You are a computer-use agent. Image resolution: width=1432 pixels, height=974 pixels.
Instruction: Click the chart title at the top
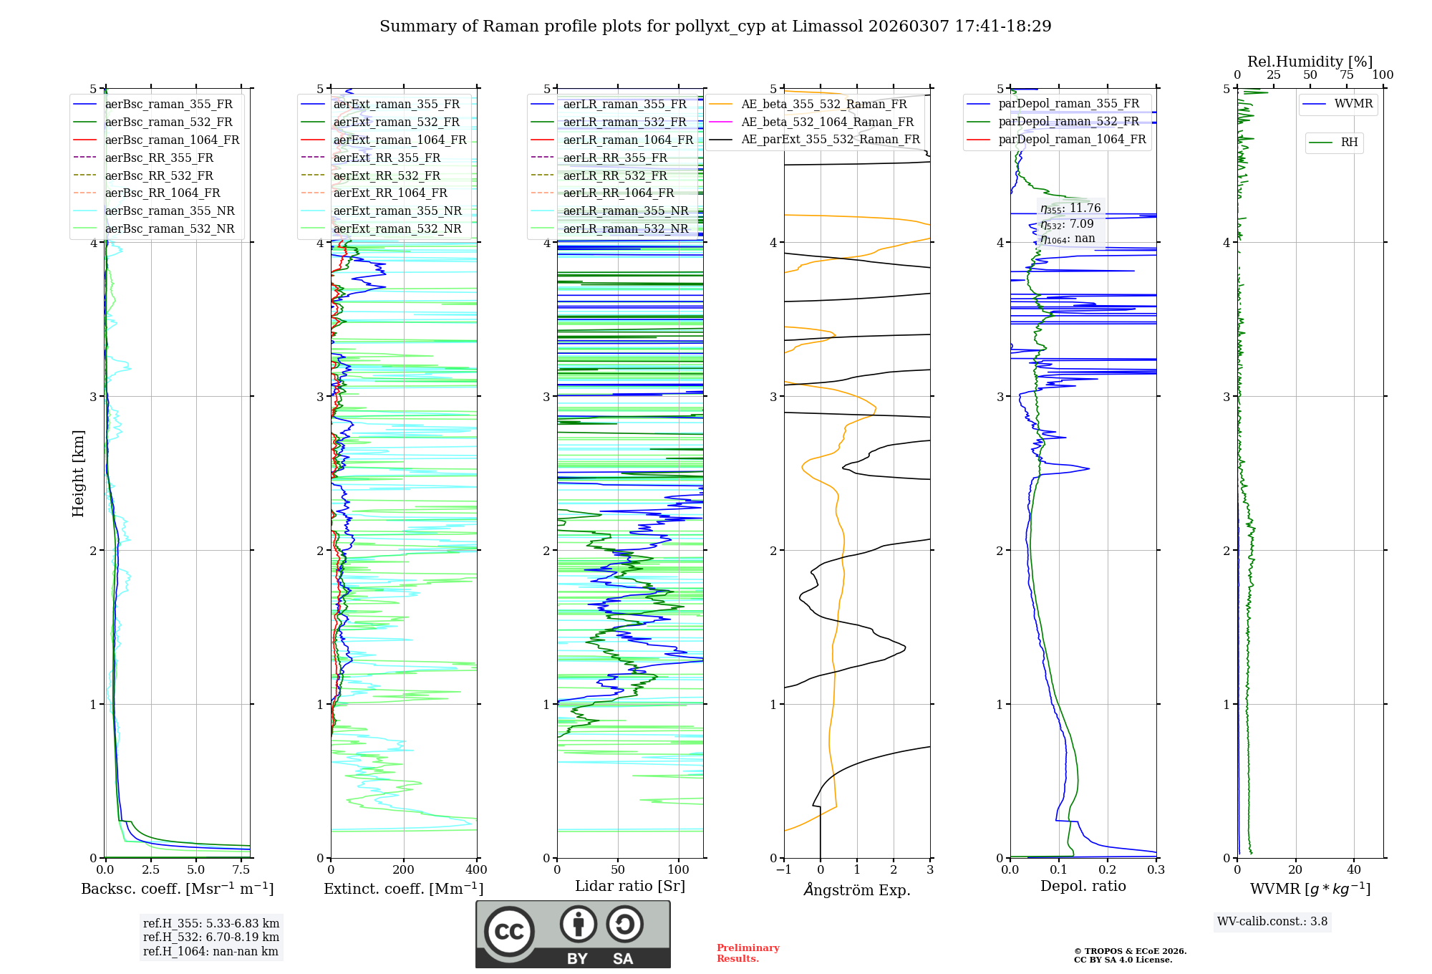(x=715, y=26)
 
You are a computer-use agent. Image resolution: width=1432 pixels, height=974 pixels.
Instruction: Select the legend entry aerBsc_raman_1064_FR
(x=172, y=140)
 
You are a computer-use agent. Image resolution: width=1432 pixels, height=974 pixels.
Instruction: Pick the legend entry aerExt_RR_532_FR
(x=387, y=175)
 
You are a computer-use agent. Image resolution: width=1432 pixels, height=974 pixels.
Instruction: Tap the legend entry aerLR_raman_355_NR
(x=625, y=211)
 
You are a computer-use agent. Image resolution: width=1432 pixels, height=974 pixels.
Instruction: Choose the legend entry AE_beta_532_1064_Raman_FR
(x=827, y=122)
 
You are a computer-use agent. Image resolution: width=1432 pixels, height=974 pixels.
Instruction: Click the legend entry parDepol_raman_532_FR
(x=1068, y=121)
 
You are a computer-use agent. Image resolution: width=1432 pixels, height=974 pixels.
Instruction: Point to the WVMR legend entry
(x=1353, y=104)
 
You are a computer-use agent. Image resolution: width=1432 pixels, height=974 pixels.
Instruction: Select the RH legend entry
(x=1349, y=143)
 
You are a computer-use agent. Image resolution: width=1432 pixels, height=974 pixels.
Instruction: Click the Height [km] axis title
(x=78, y=473)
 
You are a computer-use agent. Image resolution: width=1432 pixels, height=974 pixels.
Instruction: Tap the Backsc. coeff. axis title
(x=177, y=889)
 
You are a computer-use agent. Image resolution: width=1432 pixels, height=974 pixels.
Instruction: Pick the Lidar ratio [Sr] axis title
(x=629, y=886)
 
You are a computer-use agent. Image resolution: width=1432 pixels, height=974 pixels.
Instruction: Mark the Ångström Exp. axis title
(x=856, y=890)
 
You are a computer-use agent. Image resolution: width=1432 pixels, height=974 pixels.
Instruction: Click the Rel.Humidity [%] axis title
(x=1310, y=62)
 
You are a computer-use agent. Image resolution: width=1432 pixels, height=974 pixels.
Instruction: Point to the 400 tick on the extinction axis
(x=476, y=870)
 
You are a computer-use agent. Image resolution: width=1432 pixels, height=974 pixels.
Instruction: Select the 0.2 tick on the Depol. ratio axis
(x=1107, y=870)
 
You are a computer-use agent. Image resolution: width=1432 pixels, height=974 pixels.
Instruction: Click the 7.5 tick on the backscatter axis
(x=241, y=870)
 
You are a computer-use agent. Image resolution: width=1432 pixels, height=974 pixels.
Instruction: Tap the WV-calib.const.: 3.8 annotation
(x=1272, y=922)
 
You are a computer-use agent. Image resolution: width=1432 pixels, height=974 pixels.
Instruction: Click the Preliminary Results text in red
(x=748, y=953)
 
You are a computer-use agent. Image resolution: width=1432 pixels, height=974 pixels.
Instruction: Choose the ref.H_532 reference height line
(x=211, y=937)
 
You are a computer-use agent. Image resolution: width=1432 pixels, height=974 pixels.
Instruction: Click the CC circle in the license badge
(x=509, y=932)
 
